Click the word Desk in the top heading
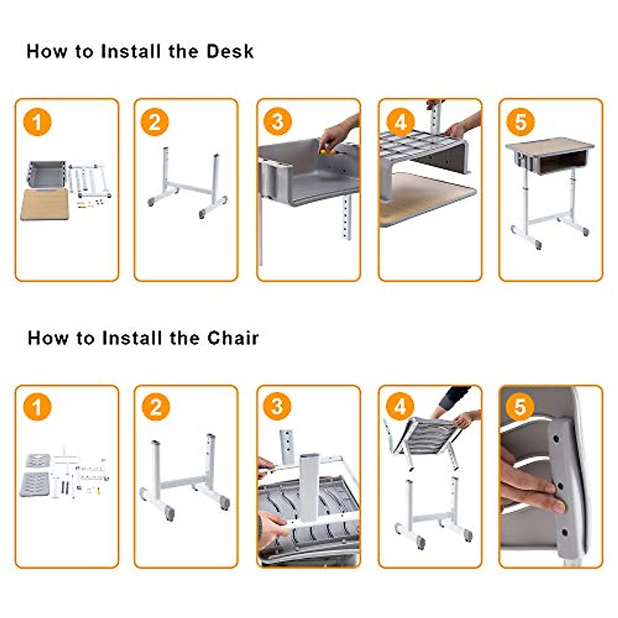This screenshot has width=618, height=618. (x=230, y=51)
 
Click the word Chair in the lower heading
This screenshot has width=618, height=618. (x=233, y=338)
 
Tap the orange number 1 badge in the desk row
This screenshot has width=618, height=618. (x=37, y=123)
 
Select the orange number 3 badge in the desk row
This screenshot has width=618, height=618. (x=277, y=122)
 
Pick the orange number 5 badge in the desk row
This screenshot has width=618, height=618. (x=520, y=122)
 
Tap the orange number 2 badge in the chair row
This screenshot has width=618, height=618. (x=156, y=407)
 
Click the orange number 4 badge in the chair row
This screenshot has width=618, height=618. (x=400, y=407)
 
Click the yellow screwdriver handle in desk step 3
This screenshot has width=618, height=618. (x=325, y=151)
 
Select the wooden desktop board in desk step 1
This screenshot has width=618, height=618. (x=45, y=204)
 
